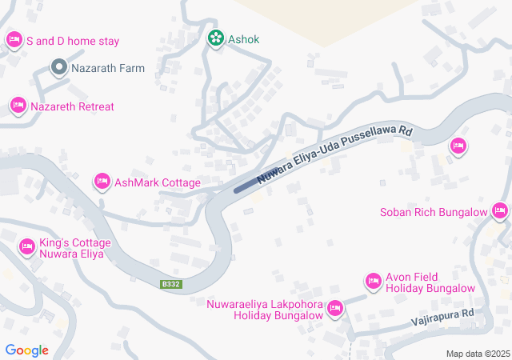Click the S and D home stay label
tap(73, 40)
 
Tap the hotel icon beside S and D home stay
tap(14, 39)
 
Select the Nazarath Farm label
tap(108, 68)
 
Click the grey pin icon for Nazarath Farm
tap(58, 68)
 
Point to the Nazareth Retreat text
tap(72, 106)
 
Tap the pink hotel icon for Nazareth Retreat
tap(18, 106)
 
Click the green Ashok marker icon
tap(215, 38)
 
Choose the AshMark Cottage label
tap(158, 182)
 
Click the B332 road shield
tap(171, 284)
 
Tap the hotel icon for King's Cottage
tap(27, 247)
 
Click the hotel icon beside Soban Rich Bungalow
tap(500, 211)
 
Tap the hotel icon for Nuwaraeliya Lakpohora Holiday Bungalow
tap(335, 308)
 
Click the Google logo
tap(26, 350)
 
